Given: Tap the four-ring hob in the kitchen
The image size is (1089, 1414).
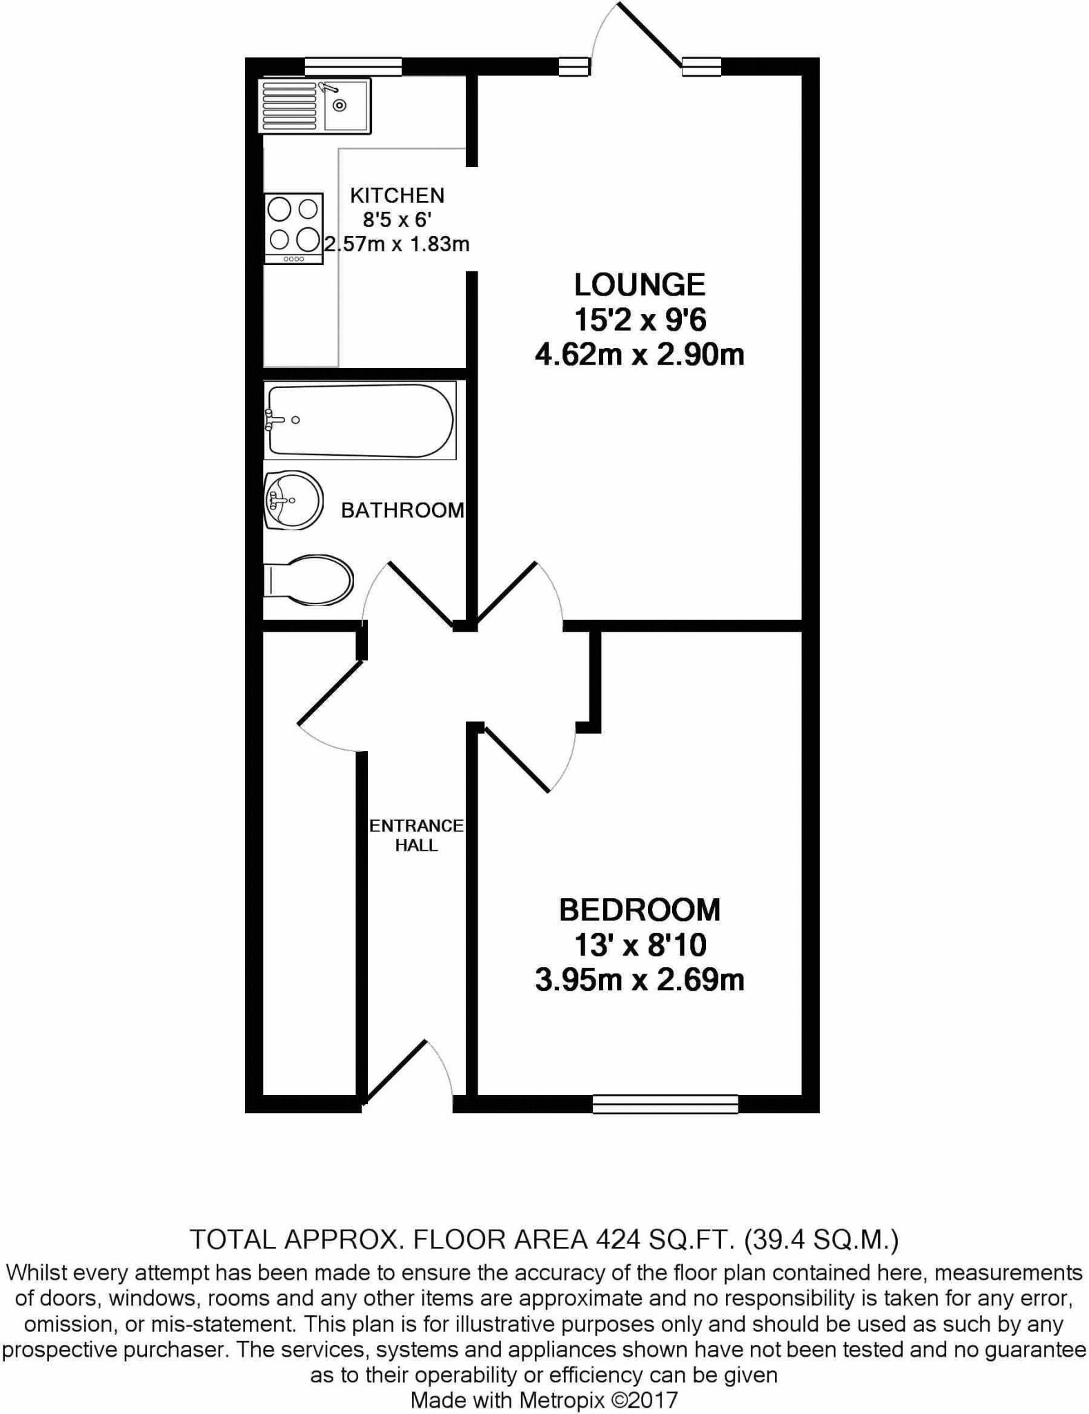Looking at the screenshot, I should [294, 227].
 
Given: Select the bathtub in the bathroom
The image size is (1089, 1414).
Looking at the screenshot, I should [360, 420].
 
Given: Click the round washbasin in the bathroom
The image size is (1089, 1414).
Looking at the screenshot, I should [294, 500].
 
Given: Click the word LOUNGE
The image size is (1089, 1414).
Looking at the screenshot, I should [640, 284].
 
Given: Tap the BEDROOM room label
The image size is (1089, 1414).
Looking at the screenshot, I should [640, 910].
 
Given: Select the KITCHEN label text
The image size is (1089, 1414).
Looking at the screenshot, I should [397, 195].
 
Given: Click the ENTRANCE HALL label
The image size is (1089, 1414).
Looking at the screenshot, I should [416, 835].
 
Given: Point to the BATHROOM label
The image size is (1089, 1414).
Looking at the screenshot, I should [402, 510].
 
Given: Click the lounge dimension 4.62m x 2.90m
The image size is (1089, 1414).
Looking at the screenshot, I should [640, 355].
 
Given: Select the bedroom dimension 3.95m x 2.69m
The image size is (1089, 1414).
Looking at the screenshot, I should [640, 980].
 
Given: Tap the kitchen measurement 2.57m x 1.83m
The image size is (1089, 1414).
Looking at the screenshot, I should [397, 244].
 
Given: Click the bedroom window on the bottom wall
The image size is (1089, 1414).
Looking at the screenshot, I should [665, 1104].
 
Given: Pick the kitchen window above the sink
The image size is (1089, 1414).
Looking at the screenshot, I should [353, 66].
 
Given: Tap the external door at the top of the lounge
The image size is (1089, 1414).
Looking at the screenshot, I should [647, 35].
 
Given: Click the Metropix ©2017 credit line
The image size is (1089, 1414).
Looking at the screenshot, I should [544, 1400].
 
